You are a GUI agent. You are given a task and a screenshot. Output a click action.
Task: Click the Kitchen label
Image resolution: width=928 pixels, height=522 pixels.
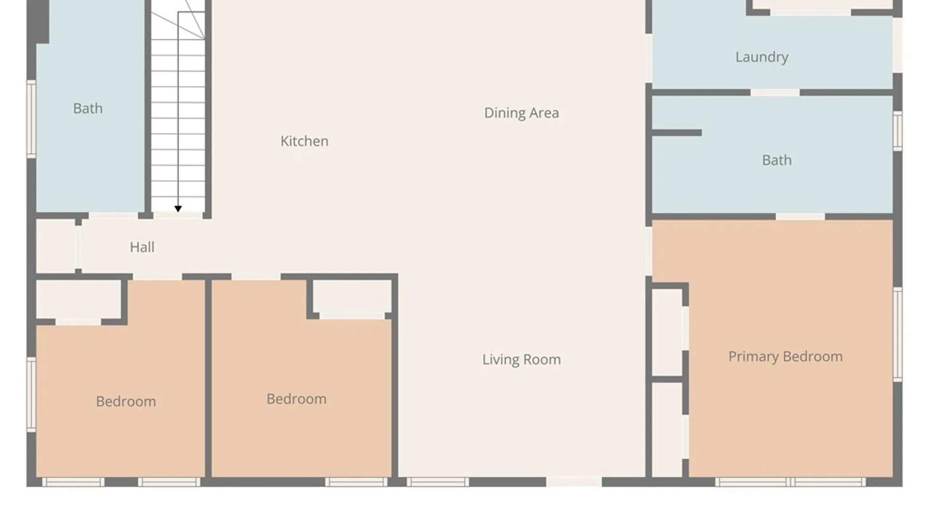[304, 141]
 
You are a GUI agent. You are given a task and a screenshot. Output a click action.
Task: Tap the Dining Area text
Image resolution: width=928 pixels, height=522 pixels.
[522, 113]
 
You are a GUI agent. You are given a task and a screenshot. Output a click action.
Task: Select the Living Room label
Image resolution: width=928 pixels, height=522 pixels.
[522, 360]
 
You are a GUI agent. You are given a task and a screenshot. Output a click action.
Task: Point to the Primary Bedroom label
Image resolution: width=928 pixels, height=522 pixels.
[785, 357]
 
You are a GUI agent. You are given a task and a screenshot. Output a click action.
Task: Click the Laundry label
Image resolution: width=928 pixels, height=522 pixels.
[762, 57]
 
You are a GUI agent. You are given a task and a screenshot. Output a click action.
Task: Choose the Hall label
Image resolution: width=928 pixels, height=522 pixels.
[142, 247]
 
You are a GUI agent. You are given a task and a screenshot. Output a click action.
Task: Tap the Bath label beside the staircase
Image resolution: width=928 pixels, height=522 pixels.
[88, 108]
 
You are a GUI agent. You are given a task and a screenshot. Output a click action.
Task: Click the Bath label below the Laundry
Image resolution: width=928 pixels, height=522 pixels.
[777, 160]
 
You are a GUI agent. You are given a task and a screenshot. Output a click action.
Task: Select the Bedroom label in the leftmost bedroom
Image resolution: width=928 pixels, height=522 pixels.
[126, 402]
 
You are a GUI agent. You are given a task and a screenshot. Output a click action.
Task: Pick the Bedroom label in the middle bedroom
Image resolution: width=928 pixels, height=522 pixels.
[296, 399]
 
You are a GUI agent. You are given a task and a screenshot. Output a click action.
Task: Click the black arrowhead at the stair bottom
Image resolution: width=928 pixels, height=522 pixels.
[178, 209]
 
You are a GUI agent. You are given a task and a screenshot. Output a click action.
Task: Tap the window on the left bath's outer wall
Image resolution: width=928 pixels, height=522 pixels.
[31, 119]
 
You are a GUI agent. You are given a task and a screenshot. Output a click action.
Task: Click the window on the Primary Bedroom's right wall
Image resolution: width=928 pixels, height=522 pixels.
[898, 334]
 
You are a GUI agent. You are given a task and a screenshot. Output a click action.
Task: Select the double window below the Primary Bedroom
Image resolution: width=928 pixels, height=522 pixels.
[790, 482]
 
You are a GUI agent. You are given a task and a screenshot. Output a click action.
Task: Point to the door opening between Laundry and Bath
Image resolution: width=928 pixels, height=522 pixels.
[775, 92]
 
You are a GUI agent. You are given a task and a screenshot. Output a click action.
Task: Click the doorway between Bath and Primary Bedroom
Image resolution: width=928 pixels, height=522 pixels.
[800, 217]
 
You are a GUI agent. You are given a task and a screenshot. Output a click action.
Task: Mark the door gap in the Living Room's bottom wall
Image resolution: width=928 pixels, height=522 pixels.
[574, 482]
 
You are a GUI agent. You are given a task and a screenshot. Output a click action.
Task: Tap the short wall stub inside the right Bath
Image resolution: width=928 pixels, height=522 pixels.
[677, 132]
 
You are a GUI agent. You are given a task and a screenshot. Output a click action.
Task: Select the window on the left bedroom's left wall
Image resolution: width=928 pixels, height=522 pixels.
[31, 394]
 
